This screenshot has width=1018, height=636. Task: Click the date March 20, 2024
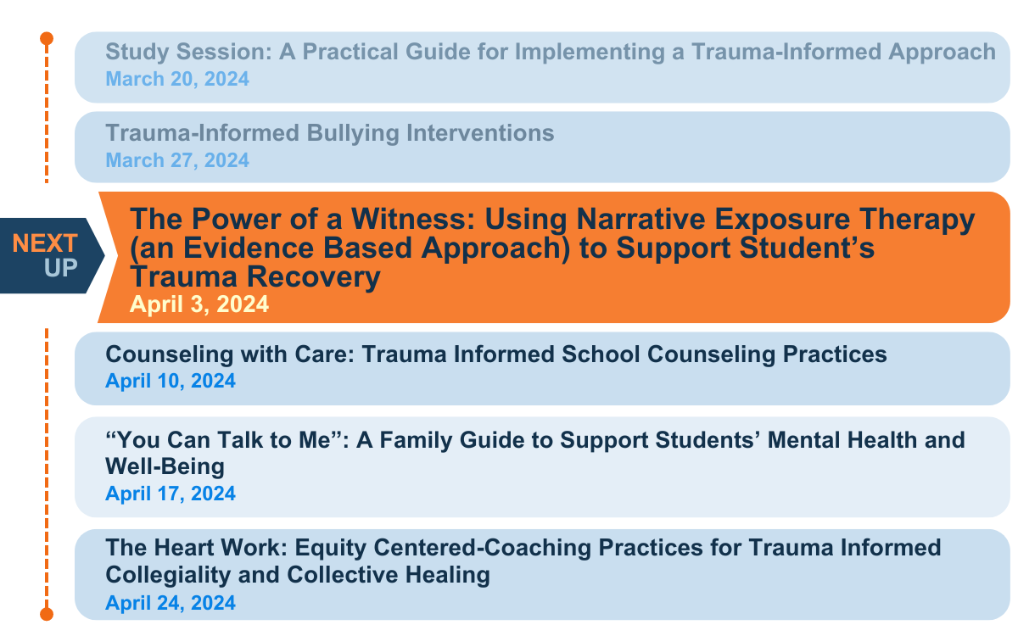click(177, 79)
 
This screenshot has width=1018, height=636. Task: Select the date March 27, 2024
click(177, 159)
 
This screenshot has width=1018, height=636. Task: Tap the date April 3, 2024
click(199, 304)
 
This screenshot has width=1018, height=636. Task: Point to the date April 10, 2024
click(171, 381)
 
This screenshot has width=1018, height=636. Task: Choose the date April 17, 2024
click(171, 493)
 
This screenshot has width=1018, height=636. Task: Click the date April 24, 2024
click(171, 603)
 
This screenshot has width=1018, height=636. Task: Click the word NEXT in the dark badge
click(45, 243)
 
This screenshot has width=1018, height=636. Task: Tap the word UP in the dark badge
click(61, 267)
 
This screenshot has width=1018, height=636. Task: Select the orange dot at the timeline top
click(47, 38)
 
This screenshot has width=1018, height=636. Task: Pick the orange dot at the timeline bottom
click(47, 612)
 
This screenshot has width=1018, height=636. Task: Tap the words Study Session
click(182, 52)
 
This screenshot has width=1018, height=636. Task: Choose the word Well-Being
click(165, 466)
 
